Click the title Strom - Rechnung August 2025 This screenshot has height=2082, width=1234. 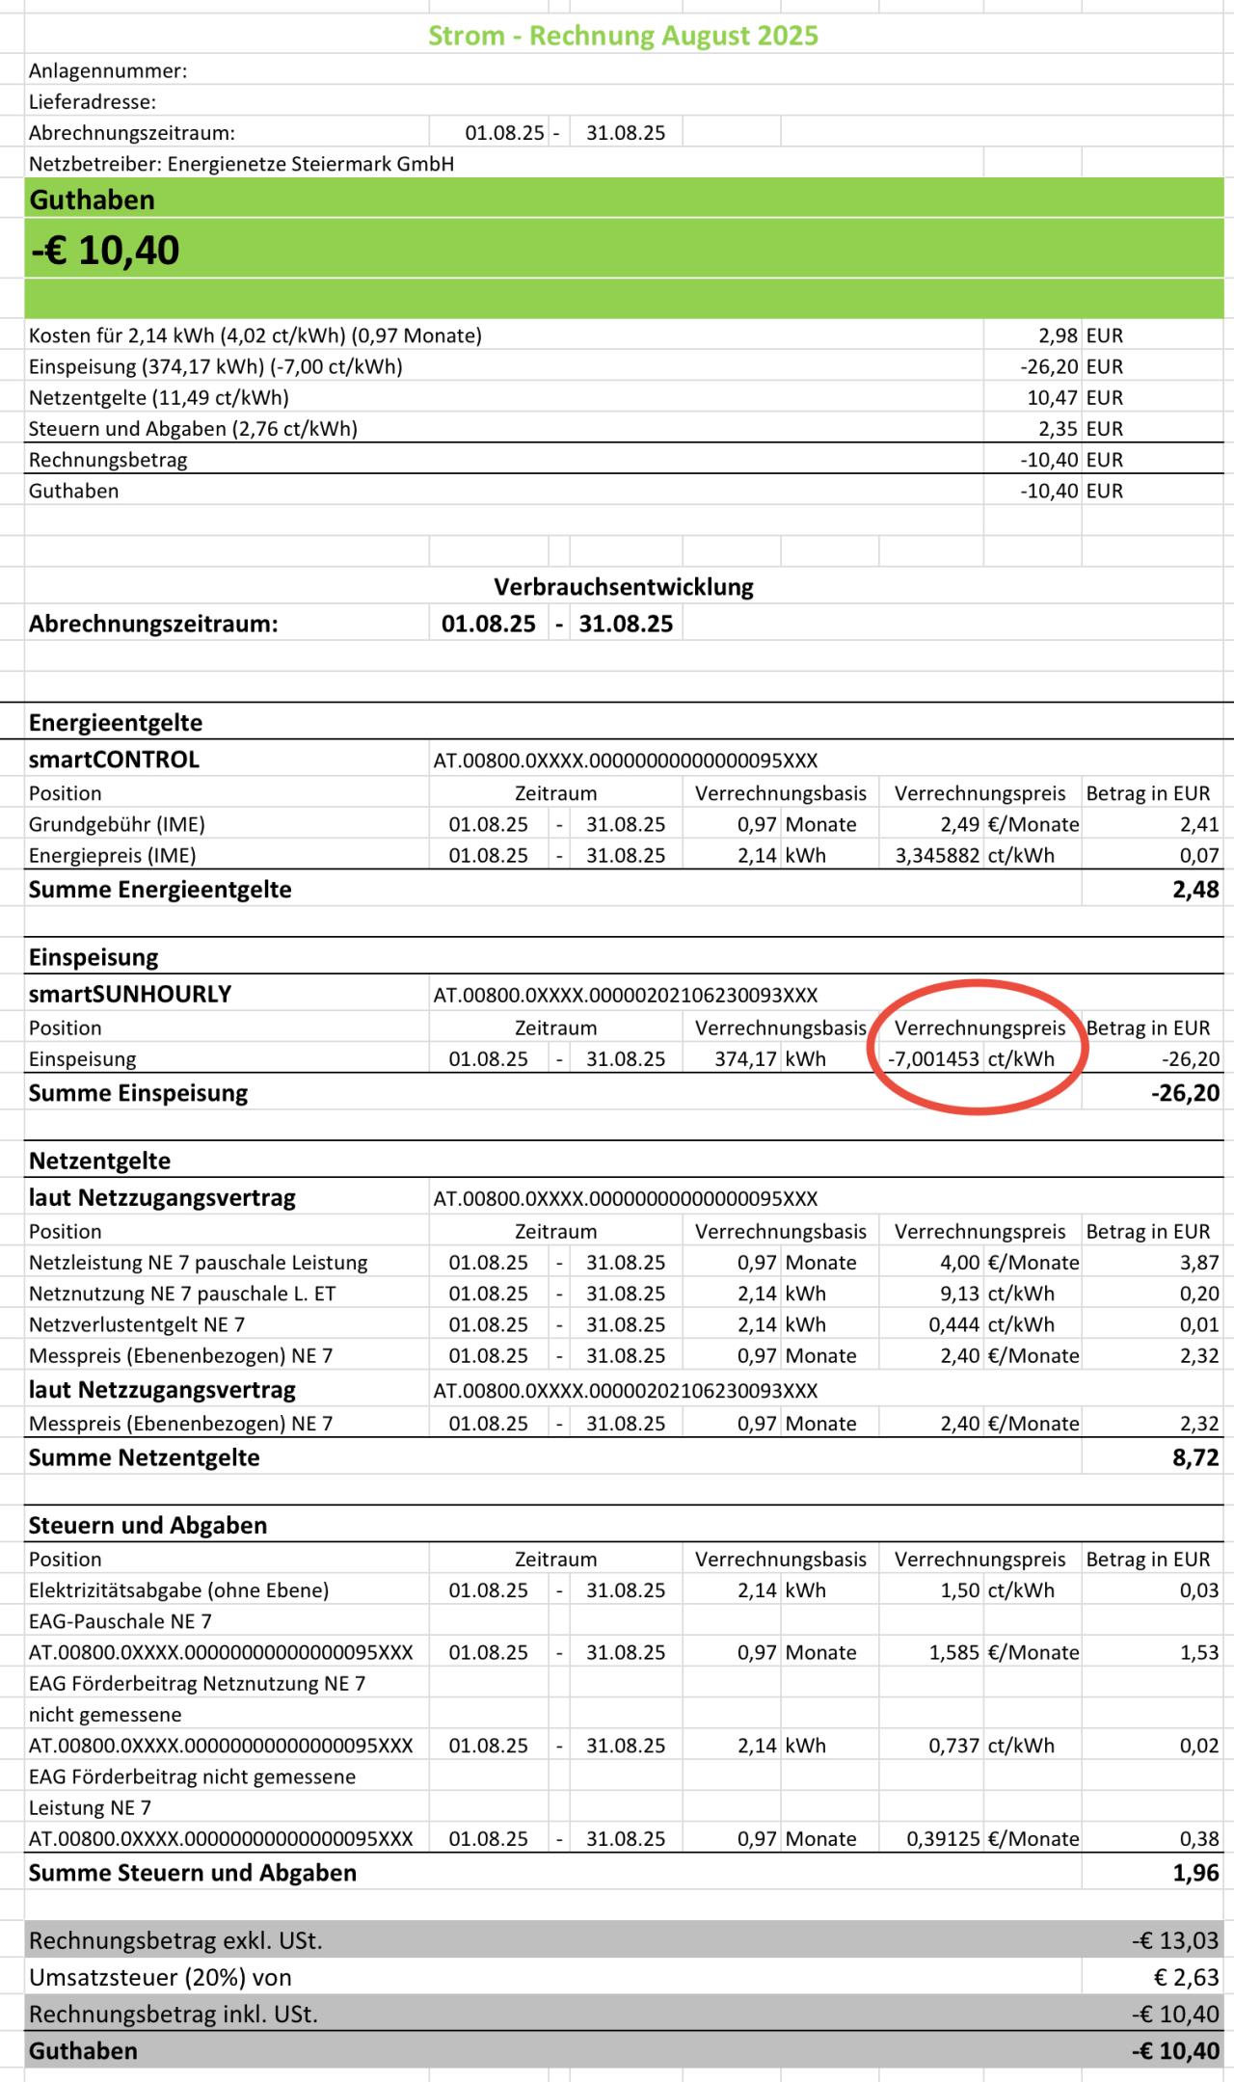(x=623, y=36)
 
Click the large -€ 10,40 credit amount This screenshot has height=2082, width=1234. (x=105, y=251)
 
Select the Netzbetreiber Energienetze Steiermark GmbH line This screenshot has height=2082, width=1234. (x=241, y=164)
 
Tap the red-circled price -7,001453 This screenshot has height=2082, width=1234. (x=933, y=1058)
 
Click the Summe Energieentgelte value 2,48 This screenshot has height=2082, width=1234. (x=1195, y=890)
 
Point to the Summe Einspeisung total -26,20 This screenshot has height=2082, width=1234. (x=1185, y=1093)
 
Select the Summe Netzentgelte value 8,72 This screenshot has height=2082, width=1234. (x=1195, y=1457)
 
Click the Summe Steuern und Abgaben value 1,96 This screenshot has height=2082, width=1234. (x=1195, y=1873)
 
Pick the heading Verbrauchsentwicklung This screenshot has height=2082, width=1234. (x=624, y=587)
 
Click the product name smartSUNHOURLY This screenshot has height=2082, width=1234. (x=130, y=994)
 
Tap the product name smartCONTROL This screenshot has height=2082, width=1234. (x=114, y=760)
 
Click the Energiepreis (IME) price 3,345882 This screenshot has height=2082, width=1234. (x=937, y=855)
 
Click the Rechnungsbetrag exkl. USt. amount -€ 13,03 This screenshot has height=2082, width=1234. (x=1175, y=1940)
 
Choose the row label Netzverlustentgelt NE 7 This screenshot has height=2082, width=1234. (x=137, y=1324)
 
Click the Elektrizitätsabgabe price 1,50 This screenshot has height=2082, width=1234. (x=960, y=1590)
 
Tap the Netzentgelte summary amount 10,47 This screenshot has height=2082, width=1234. (x=1052, y=397)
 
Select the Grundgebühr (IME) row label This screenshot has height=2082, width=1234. (x=117, y=824)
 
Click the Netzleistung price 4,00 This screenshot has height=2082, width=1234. (x=960, y=1263)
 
